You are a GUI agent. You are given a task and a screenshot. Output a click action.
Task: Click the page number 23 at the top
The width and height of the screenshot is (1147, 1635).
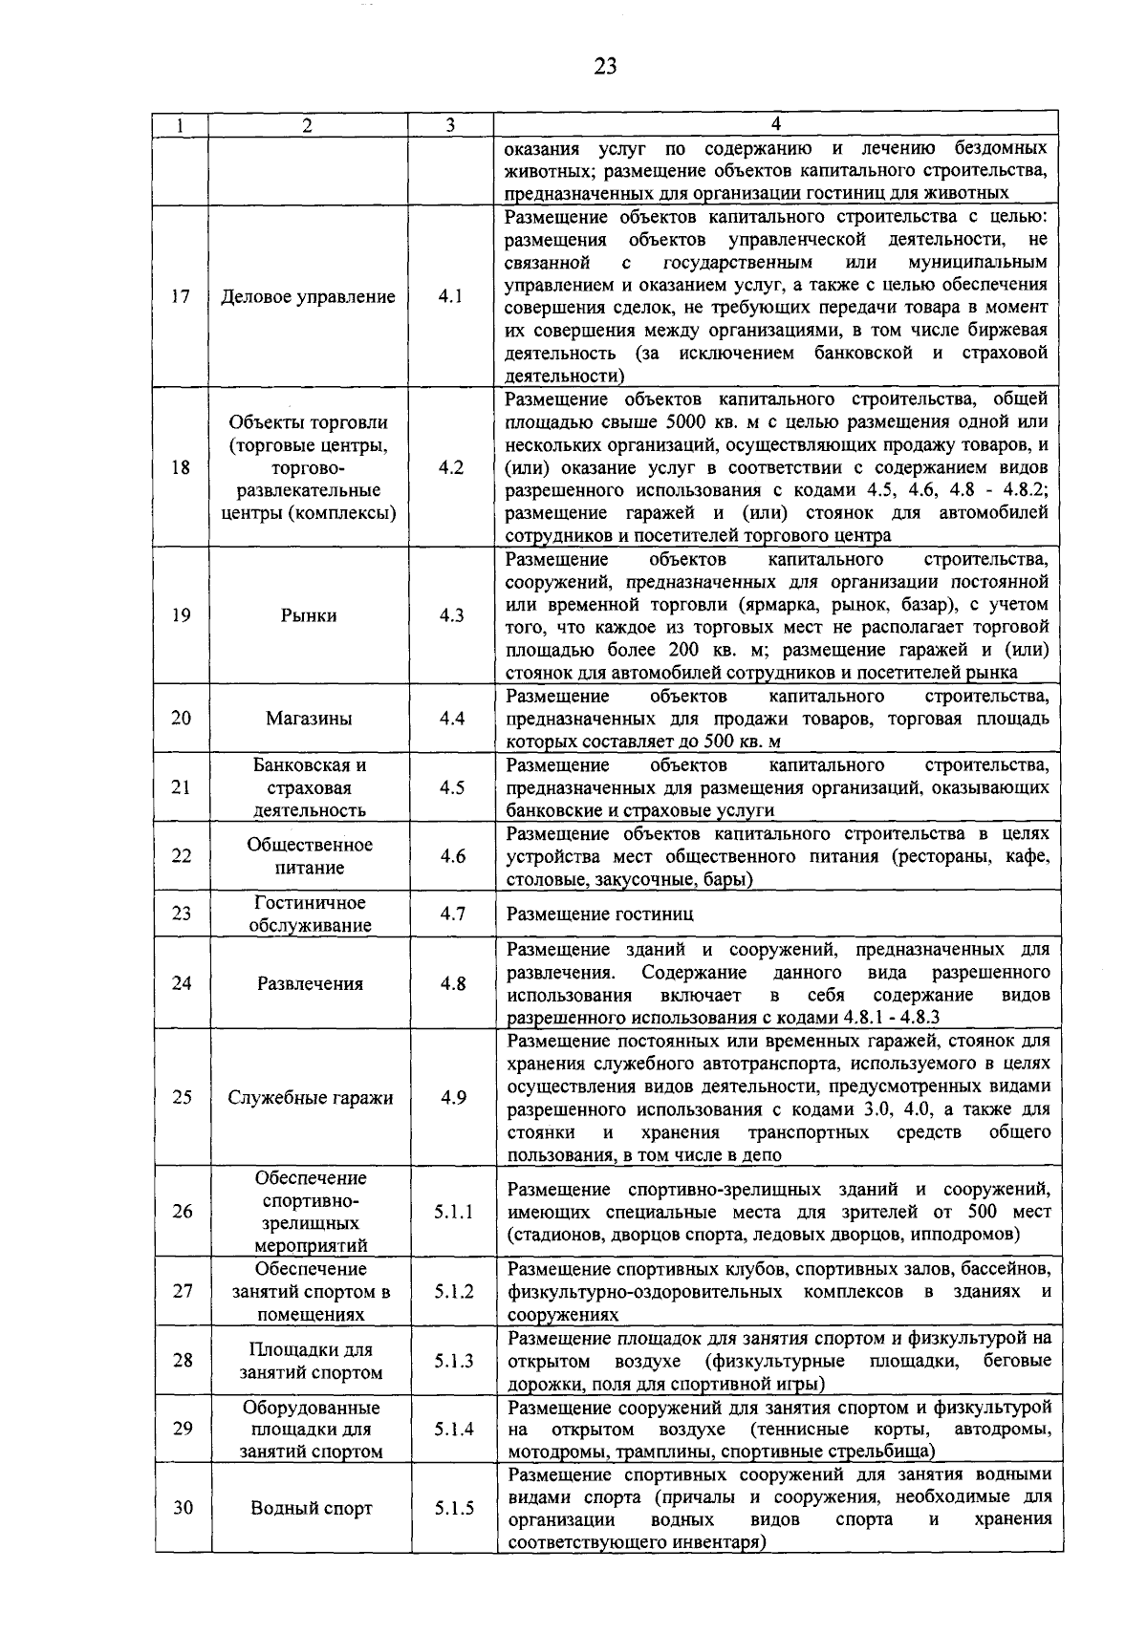pos(605,65)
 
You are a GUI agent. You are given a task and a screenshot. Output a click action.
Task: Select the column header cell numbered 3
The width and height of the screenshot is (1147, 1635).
pos(450,124)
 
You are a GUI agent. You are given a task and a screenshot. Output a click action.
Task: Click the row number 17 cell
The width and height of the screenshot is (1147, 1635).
pos(181,296)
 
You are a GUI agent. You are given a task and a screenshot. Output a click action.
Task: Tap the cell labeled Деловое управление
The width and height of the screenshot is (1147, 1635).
pos(308,296)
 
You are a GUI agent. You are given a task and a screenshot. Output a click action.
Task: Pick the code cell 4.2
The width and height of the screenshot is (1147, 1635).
pos(450,467)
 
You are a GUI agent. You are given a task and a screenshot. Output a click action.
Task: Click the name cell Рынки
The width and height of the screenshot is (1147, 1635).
pos(308,615)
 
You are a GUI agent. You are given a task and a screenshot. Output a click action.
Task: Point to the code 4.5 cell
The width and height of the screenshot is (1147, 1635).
pos(450,787)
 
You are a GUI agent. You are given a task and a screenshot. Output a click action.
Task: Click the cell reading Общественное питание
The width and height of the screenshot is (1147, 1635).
pos(308,856)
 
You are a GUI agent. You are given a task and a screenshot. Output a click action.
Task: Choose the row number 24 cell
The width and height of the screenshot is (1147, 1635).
pos(181,983)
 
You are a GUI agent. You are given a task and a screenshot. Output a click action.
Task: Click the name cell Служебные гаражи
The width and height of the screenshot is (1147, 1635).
pos(310,1097)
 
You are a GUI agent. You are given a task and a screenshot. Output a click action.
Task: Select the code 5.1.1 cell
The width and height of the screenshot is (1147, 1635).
pos(452,1212)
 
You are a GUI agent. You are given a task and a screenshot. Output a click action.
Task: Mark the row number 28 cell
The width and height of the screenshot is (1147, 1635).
pos(182,1360)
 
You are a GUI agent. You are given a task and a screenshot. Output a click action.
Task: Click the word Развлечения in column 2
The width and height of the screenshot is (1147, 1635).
pos(310,983)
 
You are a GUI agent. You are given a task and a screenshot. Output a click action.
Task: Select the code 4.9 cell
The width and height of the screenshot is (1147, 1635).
pos(452,1097)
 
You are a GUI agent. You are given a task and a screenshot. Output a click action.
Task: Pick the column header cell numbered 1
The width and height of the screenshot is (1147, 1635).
pos(181,124)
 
